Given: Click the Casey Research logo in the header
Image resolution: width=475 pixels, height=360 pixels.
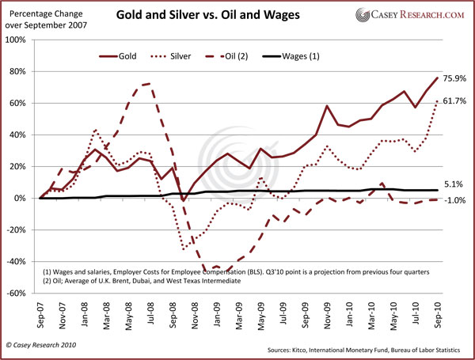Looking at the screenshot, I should pos(413,16).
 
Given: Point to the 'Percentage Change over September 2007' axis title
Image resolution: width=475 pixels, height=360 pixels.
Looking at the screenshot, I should pos(45,18).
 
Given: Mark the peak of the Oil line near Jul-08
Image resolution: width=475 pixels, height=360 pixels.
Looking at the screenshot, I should pos(148,83).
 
